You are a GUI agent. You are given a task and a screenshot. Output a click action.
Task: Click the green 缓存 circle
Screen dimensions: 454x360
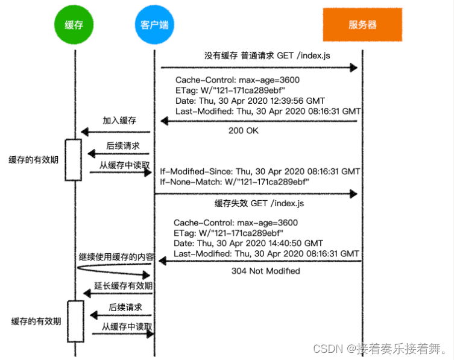(x=74, y=25)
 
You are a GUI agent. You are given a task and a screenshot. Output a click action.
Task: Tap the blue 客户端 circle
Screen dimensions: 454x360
(x=154, y=25)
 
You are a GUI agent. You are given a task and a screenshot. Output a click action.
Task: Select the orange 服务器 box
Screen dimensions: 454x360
(x=362, y=25)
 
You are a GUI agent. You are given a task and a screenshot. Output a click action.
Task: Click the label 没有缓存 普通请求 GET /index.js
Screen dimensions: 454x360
(x=267, y=55)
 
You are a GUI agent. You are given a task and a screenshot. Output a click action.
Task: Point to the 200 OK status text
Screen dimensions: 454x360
(x=243, y=131)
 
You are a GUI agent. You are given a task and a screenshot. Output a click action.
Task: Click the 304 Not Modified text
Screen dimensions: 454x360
(x=265, y=271)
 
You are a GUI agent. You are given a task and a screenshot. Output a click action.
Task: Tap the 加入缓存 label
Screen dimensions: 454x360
(x=119, y=121)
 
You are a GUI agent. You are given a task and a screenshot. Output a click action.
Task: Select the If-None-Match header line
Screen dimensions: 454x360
(x=235, y=182)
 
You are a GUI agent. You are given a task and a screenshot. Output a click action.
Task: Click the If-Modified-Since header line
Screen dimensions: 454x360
(x=260, y=171)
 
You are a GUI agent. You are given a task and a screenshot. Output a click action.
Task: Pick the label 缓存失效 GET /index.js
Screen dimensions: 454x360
(x=259, y=203)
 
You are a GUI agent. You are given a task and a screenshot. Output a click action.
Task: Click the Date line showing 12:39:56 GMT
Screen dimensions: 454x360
(x=250, y=101)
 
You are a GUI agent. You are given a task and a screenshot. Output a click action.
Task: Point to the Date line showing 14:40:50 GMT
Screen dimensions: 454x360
(x=248, y=243)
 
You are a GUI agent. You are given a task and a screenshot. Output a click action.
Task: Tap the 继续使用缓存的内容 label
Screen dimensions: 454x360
(x=116, y=257)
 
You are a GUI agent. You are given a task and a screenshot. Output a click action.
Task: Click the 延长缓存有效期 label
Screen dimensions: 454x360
(x=124, y=286)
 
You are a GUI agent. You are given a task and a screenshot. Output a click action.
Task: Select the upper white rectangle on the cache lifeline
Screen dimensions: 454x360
(x=73, y=160)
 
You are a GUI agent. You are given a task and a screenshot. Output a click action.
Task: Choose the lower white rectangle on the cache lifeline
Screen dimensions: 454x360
(x=75, y=321)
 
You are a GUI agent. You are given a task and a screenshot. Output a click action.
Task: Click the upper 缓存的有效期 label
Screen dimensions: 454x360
(x=34, y=160)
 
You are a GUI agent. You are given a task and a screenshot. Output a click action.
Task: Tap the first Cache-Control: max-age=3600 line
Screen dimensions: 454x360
(x=238, y=80)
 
